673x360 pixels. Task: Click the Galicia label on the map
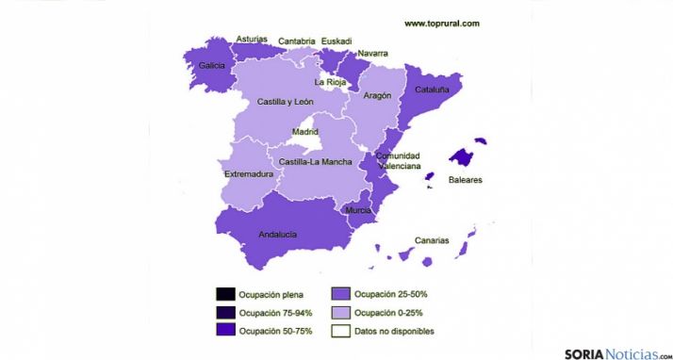coord(211,65)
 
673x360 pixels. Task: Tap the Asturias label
coord(251,40)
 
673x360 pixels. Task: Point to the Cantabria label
coord(297,41)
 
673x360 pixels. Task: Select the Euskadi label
coord(336,41)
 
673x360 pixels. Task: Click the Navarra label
coord(373,54)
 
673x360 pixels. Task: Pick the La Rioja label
coord(330,82)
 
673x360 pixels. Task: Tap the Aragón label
coord(377,95)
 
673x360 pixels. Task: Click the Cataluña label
coord(432,90)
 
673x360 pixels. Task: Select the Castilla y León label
coord(285,101)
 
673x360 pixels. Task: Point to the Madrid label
coord(305,131)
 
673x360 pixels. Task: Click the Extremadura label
coord(249,174)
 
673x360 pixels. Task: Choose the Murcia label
coord(358,210)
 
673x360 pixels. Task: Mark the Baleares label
coord(466,178)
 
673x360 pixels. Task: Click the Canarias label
coord(431,239)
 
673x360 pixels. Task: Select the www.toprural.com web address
coord(442,23)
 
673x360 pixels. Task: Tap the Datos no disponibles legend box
coord(340,331)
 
